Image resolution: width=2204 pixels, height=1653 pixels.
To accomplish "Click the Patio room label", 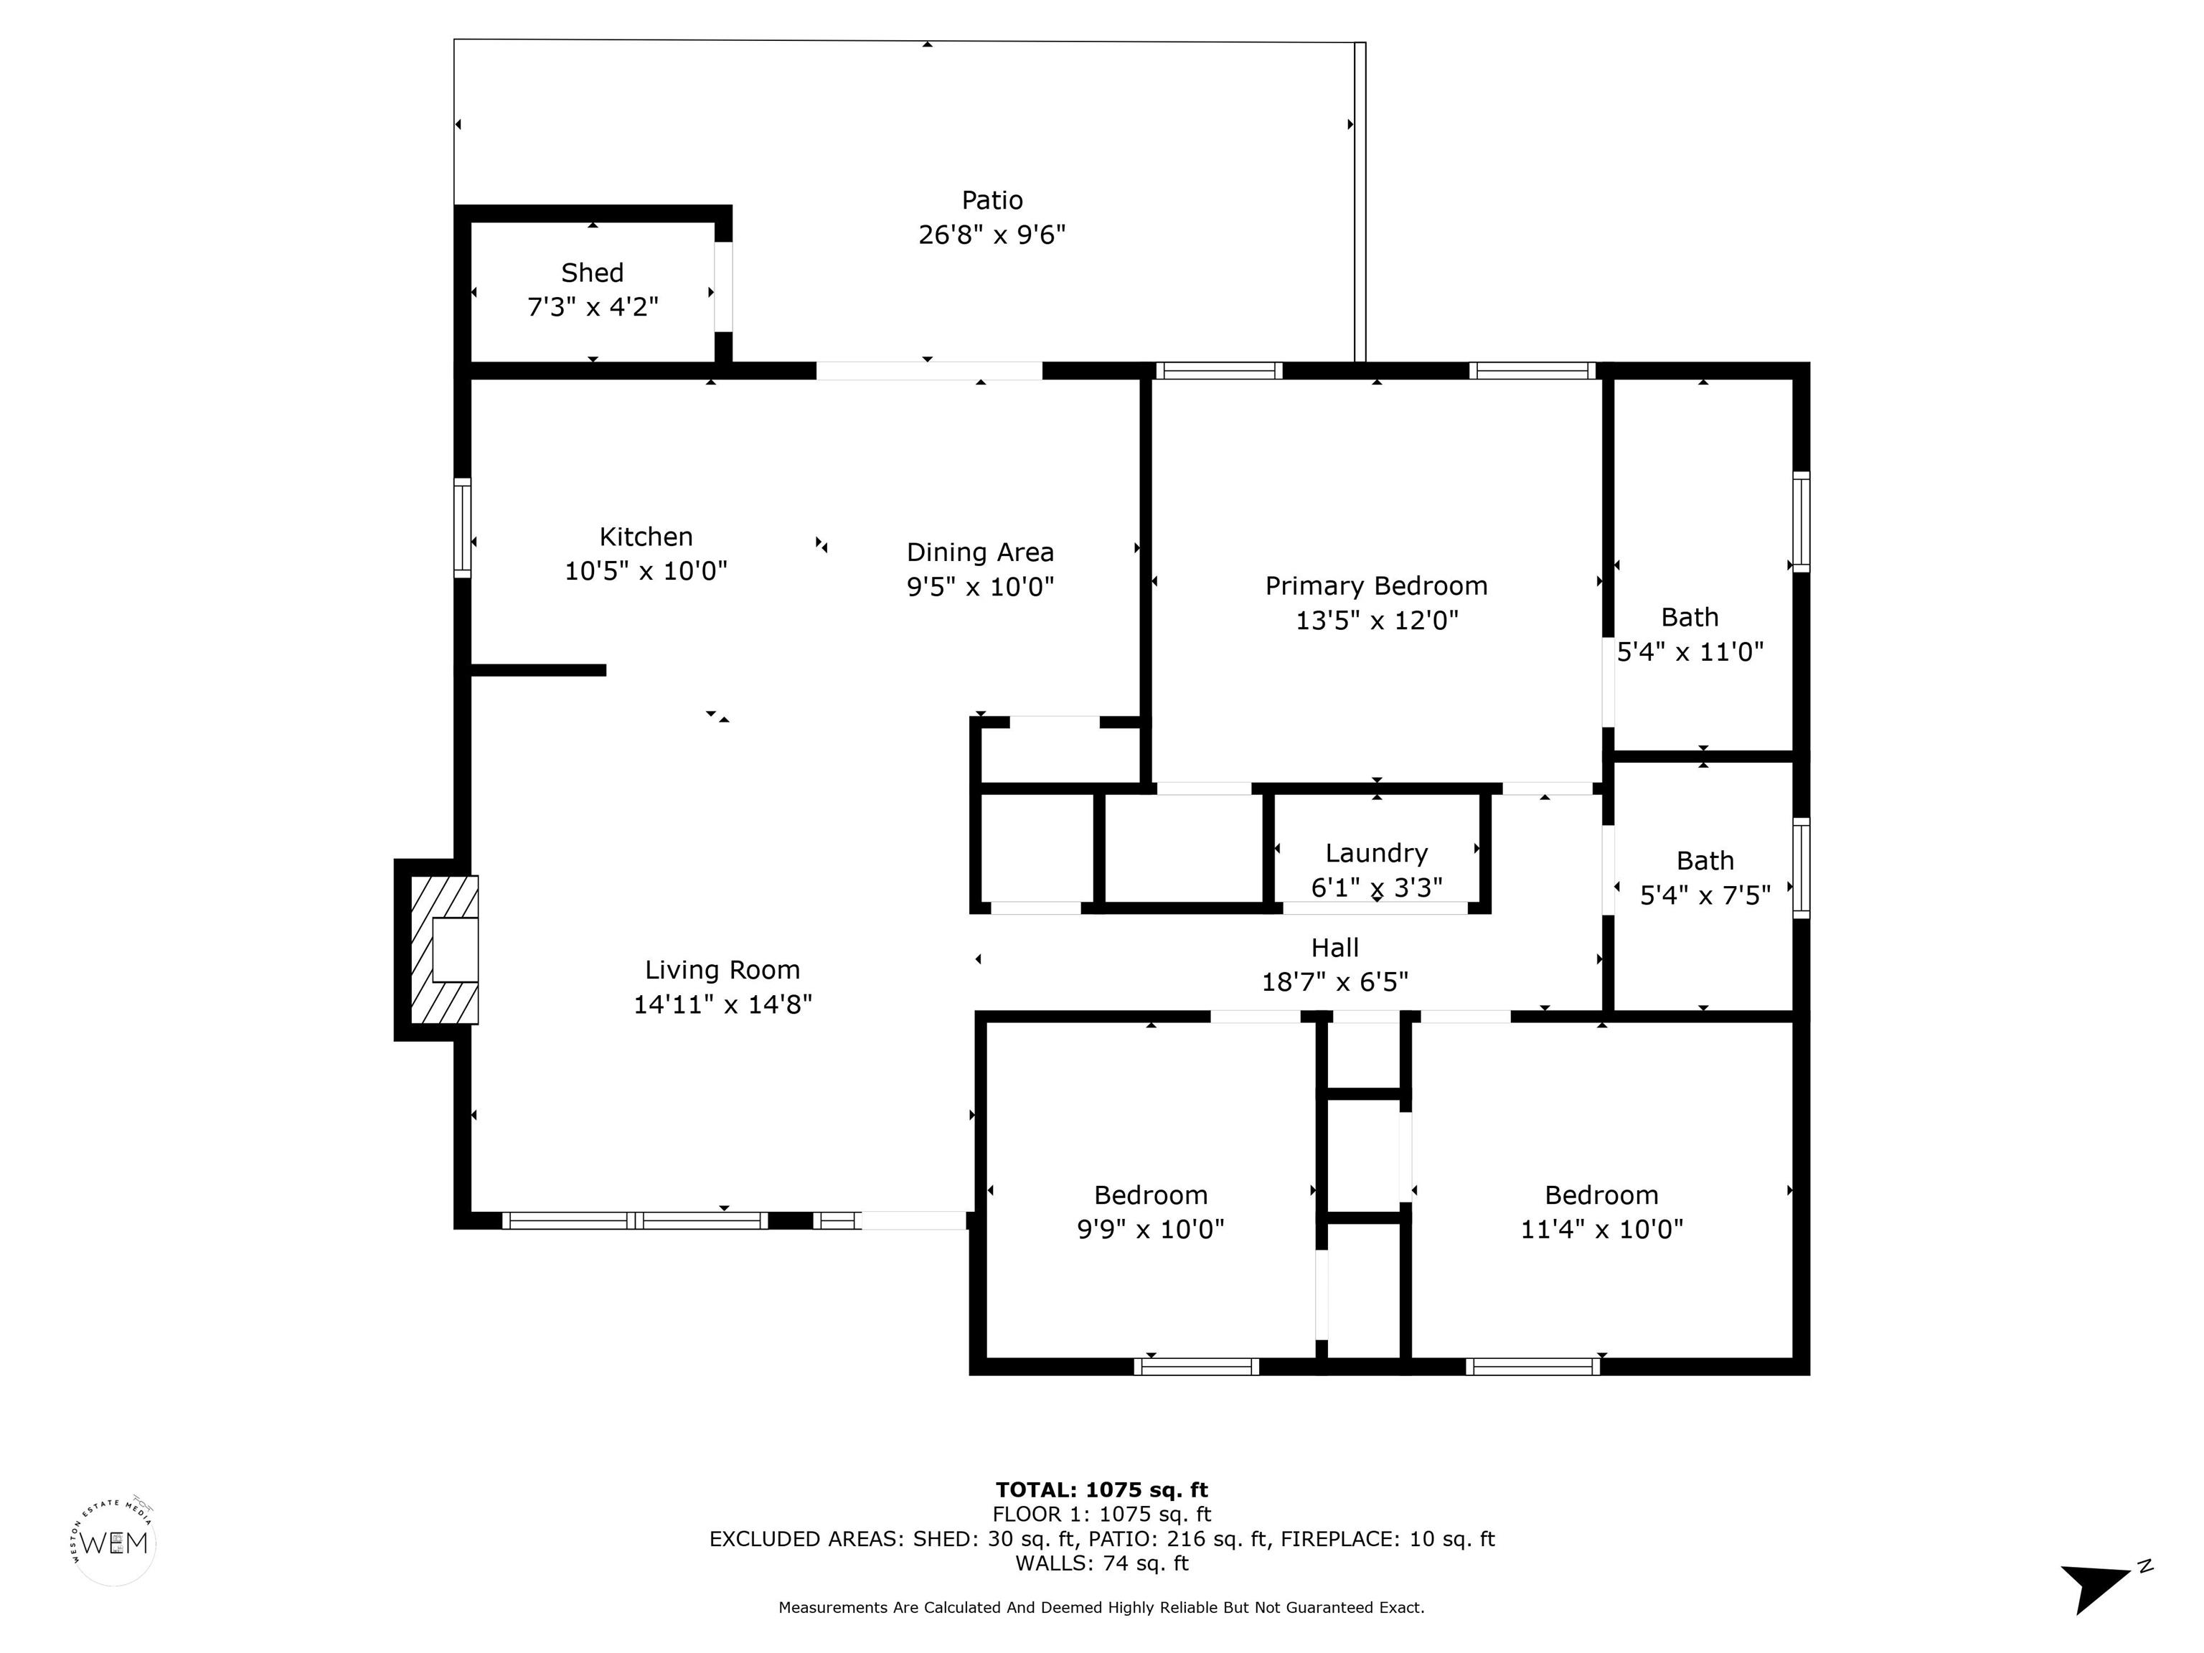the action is [x=992, y=200].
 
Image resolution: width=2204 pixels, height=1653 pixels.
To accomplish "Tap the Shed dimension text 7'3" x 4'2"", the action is [x=593, y=307].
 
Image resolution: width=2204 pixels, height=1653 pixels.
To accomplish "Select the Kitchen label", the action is [x=646, y=537].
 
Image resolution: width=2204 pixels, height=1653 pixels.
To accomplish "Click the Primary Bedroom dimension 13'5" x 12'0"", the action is [x=1377, y=621].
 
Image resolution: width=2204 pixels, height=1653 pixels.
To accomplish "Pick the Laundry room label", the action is [x=1377, y=853].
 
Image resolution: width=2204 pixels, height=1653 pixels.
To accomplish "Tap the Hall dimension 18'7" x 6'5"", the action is [x=1335, y=982].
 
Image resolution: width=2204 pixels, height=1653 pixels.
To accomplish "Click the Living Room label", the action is [x=722, y=969].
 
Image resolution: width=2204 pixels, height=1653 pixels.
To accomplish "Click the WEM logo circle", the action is [x=116, y=1543].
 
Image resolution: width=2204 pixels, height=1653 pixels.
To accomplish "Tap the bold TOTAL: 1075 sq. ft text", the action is [x=1102, y=1489].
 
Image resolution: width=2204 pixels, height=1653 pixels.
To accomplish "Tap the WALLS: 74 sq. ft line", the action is [x=1102, y=1563].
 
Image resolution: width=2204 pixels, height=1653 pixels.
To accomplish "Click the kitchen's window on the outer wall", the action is [x=462, y=528].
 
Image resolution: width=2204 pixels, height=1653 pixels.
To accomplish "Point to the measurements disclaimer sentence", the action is [x=1102, y=1607].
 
